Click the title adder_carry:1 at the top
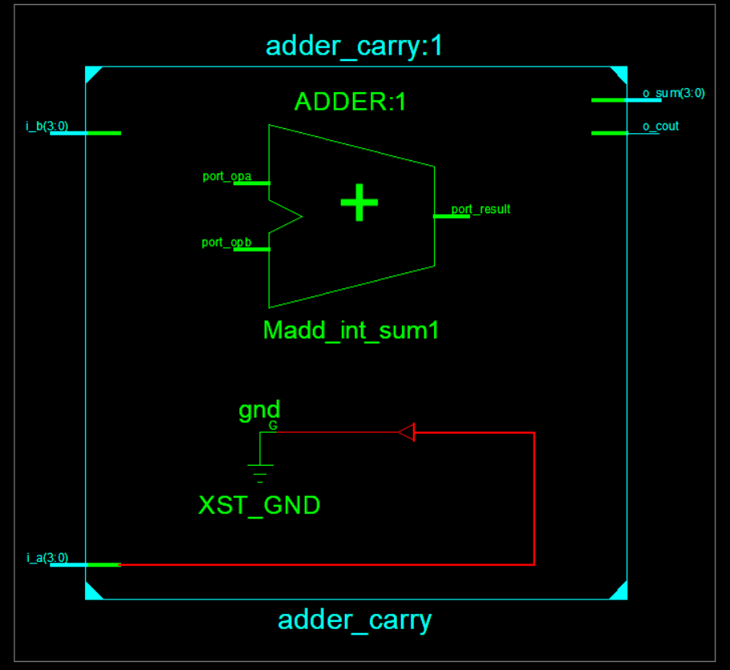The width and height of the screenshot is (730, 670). pyautogui.click(x=354, y=46)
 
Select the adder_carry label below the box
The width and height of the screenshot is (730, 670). pyautogui.click(x=355, y=620)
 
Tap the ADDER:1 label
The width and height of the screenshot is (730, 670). pyautogui.click(x=351, y=102)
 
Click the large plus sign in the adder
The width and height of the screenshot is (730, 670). pyautogui.click(x=359, y=203)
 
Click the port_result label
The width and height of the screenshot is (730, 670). pyautogui.click(x=481, y=209)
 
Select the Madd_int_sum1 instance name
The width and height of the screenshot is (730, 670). pyautogui.click(x=351, y=330)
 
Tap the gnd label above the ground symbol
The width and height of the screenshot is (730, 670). pyautogui.click(x=259, y=410)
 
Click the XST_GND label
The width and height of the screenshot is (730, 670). pyautogui.click(x=259, y=505)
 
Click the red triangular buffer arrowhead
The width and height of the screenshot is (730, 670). pyautogui.click(x=407, y=433)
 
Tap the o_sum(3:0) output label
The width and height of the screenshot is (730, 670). pyautogui.click(x=674, y=93)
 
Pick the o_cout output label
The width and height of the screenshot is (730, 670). pyautogui.click(x=660, y=126)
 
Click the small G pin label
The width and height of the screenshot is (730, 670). pyautogui.click(x=273, y=426)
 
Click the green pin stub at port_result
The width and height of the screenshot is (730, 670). pyautogui.click(x=451, y=216)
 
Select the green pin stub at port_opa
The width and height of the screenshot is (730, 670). pyautogui.click(x=252, y=184)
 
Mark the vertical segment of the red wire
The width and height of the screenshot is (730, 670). pyautogui.click(x=533, y=497)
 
